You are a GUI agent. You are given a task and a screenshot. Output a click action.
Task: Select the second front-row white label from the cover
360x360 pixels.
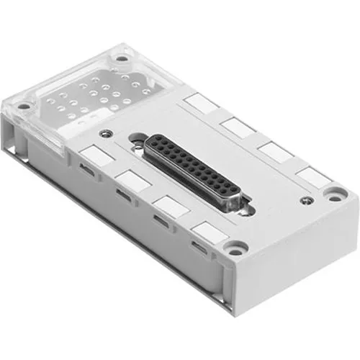[x=130, y=178]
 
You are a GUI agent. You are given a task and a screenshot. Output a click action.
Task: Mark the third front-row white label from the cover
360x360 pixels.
[x=167, y=204]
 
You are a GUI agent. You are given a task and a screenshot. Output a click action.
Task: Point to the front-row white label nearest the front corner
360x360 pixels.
[x=206, y=231]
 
